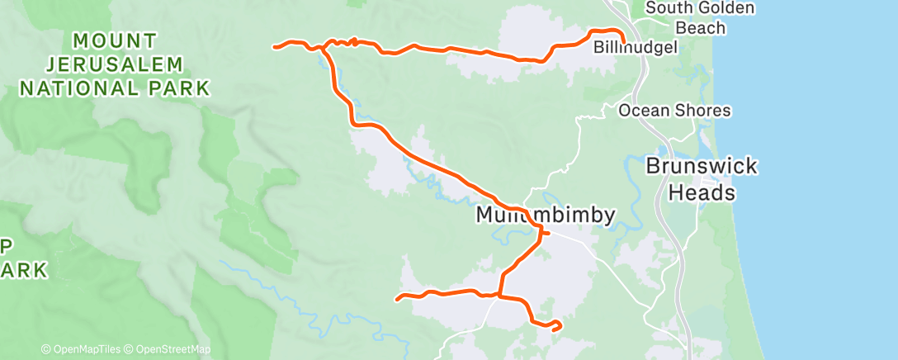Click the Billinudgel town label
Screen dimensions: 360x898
click(x=636, y=48)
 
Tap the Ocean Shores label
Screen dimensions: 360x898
click(x=674, y=111)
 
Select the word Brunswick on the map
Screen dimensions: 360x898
click(x=701, y=167)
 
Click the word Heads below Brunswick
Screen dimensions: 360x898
click(x=701, y=193)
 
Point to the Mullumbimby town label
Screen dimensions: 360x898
click(x=546, y=216)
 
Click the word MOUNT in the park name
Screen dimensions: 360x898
click(x=114, y=39)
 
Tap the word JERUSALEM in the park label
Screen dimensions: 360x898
click(x=114, y=64)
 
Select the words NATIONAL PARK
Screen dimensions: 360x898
click(x=114, y=88)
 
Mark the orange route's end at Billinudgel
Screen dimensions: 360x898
click(x=622, y=41)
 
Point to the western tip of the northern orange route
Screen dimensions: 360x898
click(x=275, y=46)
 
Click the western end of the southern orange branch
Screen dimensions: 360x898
click(x=398, y=298)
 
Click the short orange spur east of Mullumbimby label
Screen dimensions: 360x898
click(x=547, y=234)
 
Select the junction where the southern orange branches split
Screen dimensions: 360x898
click(x=499, y=295)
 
